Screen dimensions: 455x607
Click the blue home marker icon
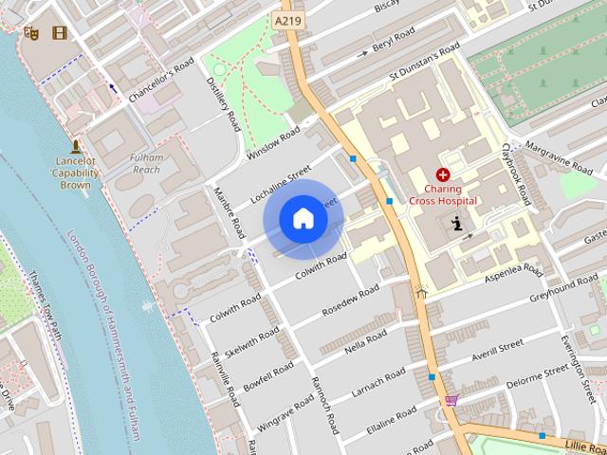303,218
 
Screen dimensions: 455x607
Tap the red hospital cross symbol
442,174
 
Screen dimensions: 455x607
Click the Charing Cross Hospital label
443,194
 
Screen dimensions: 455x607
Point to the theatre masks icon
30,32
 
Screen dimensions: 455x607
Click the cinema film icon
61,33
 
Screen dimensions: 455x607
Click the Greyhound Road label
563,285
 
